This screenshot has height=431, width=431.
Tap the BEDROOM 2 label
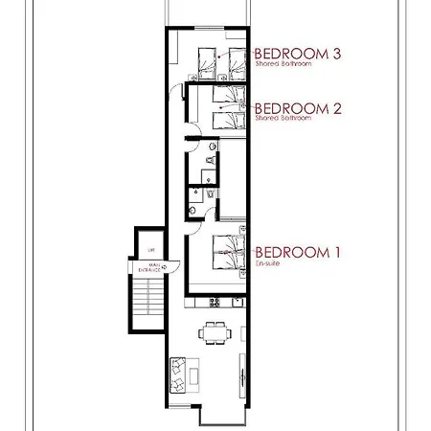coord(298,108)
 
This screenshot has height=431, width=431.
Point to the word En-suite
coord(265,264)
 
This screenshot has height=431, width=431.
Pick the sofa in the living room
coord(178,374)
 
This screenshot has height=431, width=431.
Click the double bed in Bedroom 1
coord(226,254)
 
